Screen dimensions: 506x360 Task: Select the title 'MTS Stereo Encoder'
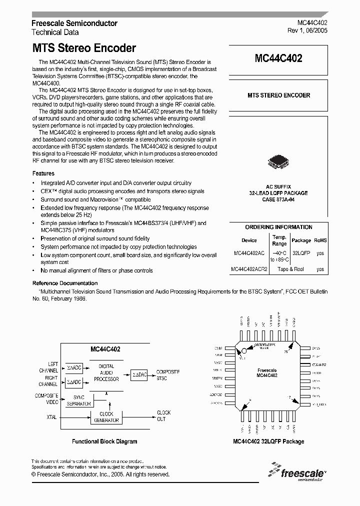84,48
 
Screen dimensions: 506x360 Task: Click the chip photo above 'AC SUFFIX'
278,160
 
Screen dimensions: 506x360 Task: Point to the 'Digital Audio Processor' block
106,372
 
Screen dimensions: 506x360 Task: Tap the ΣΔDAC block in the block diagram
140,373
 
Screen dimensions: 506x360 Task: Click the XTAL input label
51,416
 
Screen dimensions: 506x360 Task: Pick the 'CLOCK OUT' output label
163,416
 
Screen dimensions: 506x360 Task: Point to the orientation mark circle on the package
244,351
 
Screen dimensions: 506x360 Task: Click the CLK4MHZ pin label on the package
319,365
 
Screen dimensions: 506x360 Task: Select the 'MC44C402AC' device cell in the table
249,253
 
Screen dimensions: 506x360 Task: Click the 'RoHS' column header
320,240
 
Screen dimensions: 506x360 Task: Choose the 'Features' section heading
43,173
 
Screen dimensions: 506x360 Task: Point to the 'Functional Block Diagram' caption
104,441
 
